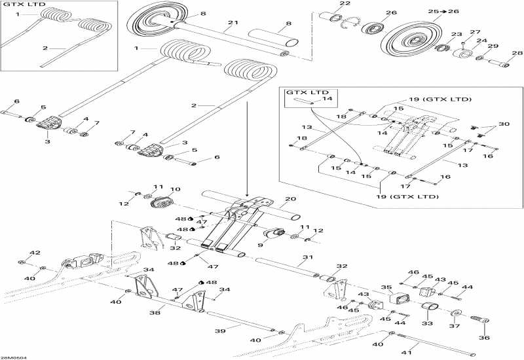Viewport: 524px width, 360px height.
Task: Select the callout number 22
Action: pyautogui.click(x=345, y=5)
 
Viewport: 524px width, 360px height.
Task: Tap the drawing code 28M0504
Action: pyautogui.click(x=11, y=356)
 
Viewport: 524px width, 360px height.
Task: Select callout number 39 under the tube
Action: pyautogui.click(x=221, y=331)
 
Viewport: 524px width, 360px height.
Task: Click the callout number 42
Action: pyautogui.click(x=35, y=253)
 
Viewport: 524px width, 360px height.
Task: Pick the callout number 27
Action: pyautogui.click(x=475, y=32)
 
